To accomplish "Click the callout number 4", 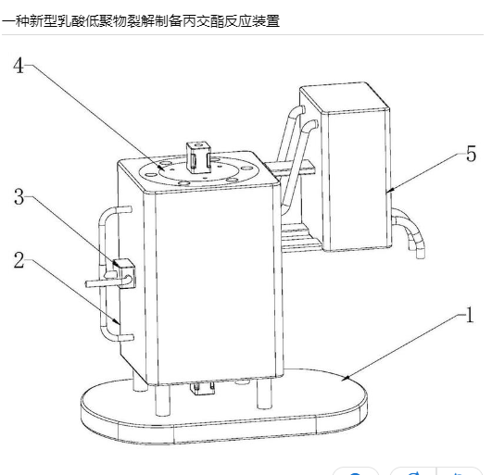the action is [19, 66].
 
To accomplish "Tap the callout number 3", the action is [19, 197].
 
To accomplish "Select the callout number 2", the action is [19, 260].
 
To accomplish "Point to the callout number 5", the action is [471, 154].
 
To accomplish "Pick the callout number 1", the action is [470, 315].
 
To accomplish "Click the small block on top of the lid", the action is [198, 157].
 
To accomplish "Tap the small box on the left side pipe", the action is [125, 273].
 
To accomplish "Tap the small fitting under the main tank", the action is [203, 389].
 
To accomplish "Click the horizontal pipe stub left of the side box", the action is [100, 283].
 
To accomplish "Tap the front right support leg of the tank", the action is [263, 394].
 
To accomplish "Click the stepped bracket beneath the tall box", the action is [300, 237].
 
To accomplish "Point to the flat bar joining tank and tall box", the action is [290, 167].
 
